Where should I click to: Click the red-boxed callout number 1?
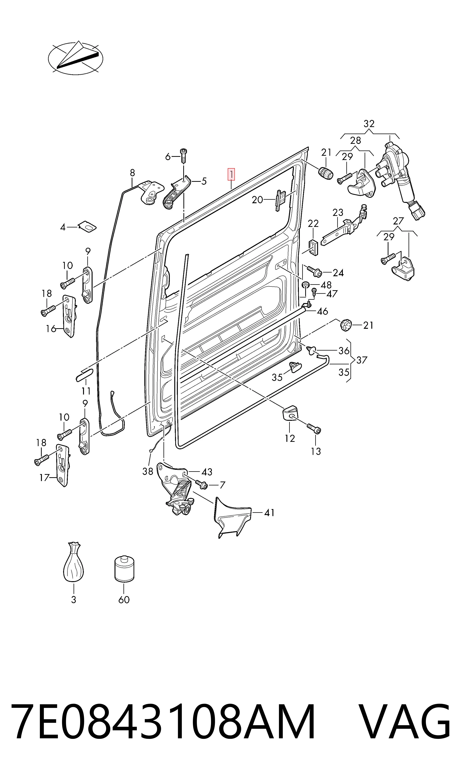pos(231,175)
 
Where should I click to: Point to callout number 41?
pos(269,512)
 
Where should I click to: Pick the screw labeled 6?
pos(183,156)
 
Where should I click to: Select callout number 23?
pos(338,213)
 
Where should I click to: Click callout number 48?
pos(326,285)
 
